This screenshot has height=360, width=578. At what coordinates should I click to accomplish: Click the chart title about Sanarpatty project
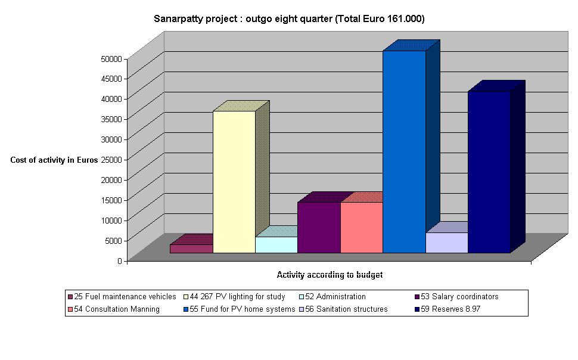click(289, 19)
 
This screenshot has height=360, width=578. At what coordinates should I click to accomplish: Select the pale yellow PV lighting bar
click(234, 182)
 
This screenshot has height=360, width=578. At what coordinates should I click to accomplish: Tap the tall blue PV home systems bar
click(404, 152)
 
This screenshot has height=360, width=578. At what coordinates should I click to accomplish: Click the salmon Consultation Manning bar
click(361, 227)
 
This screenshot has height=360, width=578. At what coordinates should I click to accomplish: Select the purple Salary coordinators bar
click(319, 227)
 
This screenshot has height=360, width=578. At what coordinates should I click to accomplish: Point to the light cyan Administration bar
click(276, 244)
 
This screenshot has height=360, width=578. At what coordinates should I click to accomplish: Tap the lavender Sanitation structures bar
click(446, 243)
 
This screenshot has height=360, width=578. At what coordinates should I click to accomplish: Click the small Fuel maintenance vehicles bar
click(191, 249)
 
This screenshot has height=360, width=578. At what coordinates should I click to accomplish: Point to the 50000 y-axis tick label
click(111, 58)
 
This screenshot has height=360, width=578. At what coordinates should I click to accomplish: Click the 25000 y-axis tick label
click(111, 159)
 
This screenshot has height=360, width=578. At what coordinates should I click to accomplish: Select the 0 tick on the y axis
click(119, 260)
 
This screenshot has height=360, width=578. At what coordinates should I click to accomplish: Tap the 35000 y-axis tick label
click(111, 119)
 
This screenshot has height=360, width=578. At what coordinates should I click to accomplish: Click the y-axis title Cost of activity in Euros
click(54, 160)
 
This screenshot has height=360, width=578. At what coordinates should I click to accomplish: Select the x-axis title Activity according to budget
click(330, 275)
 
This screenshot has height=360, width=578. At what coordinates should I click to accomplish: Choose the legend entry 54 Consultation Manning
click(117, 309)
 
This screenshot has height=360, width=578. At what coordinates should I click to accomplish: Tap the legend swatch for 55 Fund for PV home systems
click(186, 309)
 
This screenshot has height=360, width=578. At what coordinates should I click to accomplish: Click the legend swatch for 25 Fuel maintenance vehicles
click(70, 296)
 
